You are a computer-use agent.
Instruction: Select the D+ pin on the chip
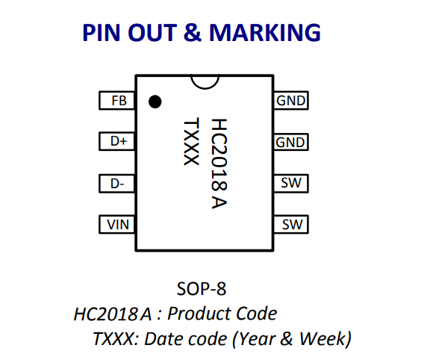pyautogui.click(x=116, y=142)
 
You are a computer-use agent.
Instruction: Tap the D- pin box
pyautogui.click(x=116, y=184)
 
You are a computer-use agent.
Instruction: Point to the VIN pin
pyautogui.click(x=116, y=225)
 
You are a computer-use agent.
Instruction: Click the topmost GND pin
pyautogui.click(x=291, y=100)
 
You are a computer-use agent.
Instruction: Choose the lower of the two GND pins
pyautogui.click(x=291, y=142)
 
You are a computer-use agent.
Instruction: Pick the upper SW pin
pyautogui.click(x=291, y=183)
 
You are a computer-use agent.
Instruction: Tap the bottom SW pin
pyautogui.click(x=291, y=225)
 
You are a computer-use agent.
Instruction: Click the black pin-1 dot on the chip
pyautogui.click(x=155, y=102)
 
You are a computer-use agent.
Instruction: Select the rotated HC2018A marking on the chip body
pyautogui.click(x=219, y=164)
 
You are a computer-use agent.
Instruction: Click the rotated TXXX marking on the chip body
pyautogui.click(x=191, y=141)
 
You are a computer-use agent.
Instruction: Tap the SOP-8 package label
pyautogui.click(x=202, y=289)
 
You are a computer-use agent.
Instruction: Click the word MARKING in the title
pyautogui.click(x=265, y=33)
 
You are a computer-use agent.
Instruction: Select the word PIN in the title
pyautogui.click(x=102, y=33)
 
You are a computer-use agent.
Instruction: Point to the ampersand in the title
pyautogui.click(x=192, y=33)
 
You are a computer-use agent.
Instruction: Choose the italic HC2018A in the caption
pyautogui.click(x=113, y=314)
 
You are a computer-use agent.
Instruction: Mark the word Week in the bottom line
pyautogui.click(x=323, y=338)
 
